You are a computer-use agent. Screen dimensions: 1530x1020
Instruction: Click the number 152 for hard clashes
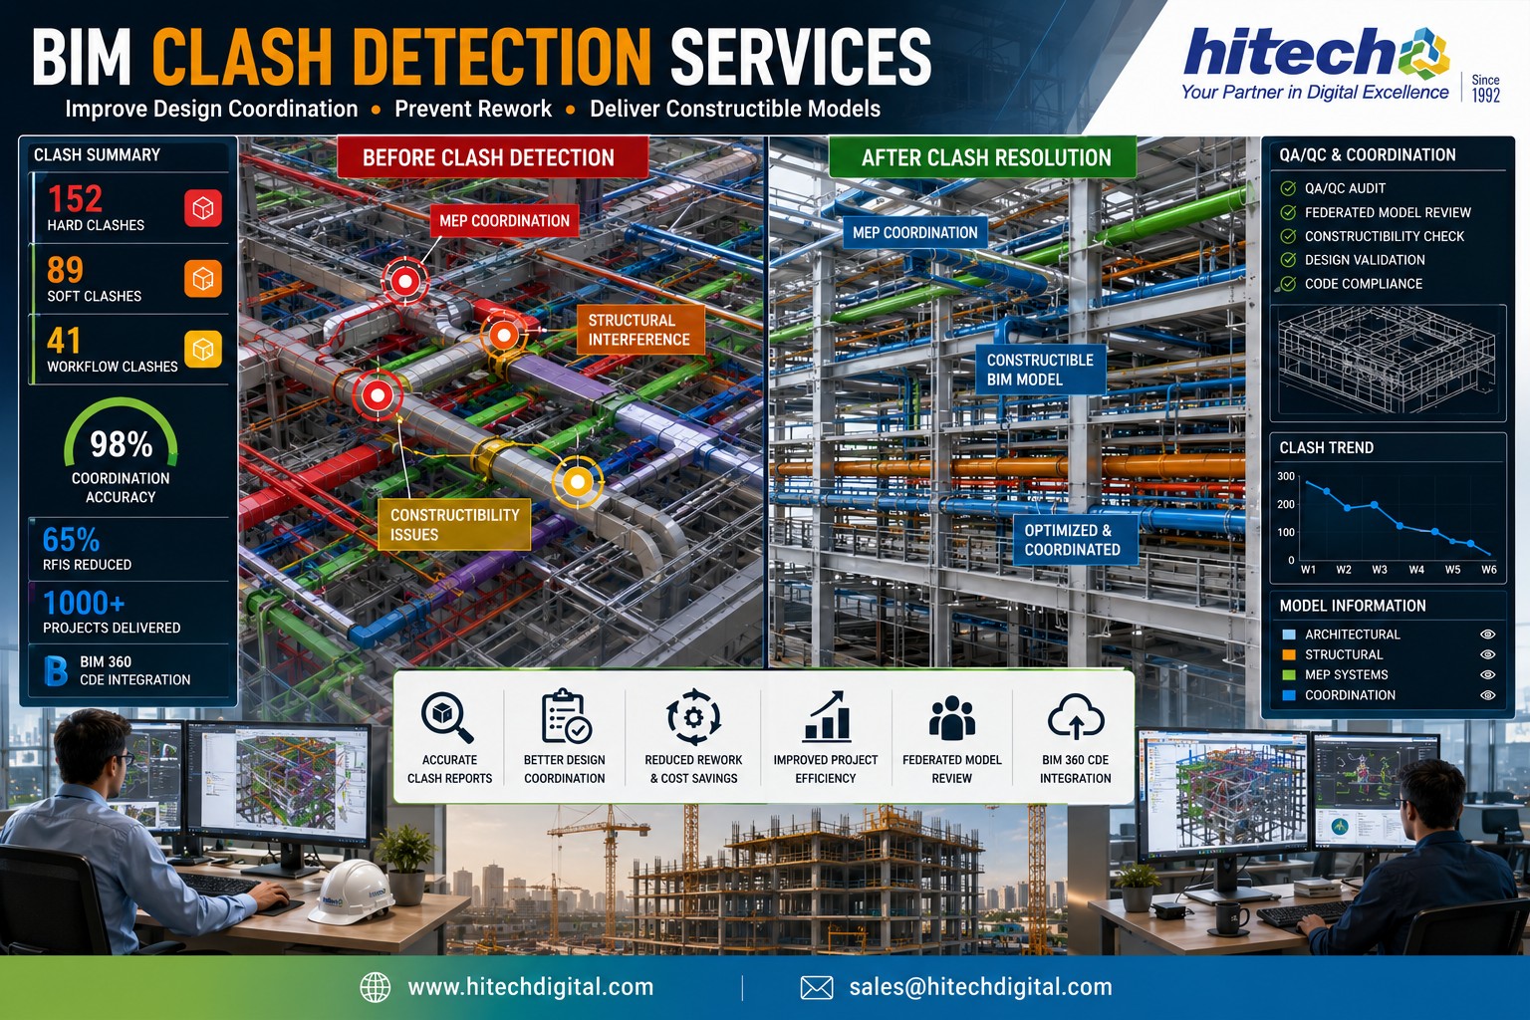click(75, 199)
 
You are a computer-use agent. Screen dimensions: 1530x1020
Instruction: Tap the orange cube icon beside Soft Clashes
click(203, 278)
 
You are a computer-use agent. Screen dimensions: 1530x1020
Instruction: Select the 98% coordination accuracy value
click(121, 444)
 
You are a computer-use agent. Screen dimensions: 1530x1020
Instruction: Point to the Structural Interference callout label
click(639, 330)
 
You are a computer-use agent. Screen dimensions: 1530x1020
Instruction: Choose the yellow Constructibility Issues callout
click(454, 525)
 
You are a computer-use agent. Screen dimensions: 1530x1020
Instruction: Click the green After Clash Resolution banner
click(982, 157)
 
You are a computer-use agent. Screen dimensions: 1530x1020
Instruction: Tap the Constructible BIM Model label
click(1040, 370)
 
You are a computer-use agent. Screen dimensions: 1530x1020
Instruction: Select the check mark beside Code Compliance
click(1288, 284)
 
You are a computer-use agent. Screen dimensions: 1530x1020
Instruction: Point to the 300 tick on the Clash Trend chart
click(1286, 476)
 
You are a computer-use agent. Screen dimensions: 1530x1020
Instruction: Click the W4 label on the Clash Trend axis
click(1416, 569)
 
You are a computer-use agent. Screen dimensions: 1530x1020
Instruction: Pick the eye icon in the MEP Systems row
click(1487, 675)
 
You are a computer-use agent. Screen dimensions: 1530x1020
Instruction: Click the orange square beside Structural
click(1289, 654)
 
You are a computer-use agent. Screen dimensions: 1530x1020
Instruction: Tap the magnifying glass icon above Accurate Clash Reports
click(447, 717)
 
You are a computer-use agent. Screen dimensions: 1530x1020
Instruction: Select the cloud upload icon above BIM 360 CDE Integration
click(1076, 716)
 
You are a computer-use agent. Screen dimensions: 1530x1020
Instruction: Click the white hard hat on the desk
click(351, 892)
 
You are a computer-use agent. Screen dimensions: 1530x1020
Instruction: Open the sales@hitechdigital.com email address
click(980, 986)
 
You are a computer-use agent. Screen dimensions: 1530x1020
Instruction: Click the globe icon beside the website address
click(375, 987)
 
